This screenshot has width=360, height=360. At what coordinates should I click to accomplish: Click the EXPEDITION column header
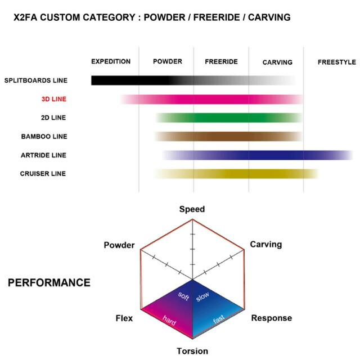pos(111,61)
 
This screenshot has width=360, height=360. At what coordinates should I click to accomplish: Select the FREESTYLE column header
pos(337,62)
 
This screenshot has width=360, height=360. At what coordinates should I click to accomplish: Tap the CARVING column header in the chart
pos(277,62)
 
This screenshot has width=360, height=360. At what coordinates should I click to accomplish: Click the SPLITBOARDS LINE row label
pos(36,80)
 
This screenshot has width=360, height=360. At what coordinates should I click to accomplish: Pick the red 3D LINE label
pos(54,99)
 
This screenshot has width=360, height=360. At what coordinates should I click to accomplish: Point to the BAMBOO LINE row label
pos(44,136)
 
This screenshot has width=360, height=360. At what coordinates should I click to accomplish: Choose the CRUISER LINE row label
pos(43,174)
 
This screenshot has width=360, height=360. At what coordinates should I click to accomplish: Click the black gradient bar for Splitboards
pos(193,80)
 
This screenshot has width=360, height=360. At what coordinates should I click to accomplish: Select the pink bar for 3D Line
pos(211,99)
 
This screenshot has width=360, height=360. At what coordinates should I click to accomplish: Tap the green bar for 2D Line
pos(229,118)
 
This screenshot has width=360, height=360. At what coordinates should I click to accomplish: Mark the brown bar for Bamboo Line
pos(228,136)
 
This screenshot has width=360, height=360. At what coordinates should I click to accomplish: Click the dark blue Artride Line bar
pos(258,155)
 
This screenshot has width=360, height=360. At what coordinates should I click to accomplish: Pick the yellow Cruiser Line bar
pos(236,174)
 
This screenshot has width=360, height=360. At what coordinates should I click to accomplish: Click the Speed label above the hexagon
pos(192,209)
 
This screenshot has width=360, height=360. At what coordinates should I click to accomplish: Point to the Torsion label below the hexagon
pos(192,351)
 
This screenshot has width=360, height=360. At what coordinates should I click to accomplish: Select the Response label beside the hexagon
pos(272,318)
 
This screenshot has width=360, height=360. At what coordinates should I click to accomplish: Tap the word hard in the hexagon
pos(169,320)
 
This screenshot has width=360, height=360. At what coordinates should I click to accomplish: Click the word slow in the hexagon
pos(202,296)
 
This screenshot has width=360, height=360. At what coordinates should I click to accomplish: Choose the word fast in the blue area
pos(219,319)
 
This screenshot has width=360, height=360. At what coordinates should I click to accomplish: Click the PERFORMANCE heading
pos(49,282)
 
